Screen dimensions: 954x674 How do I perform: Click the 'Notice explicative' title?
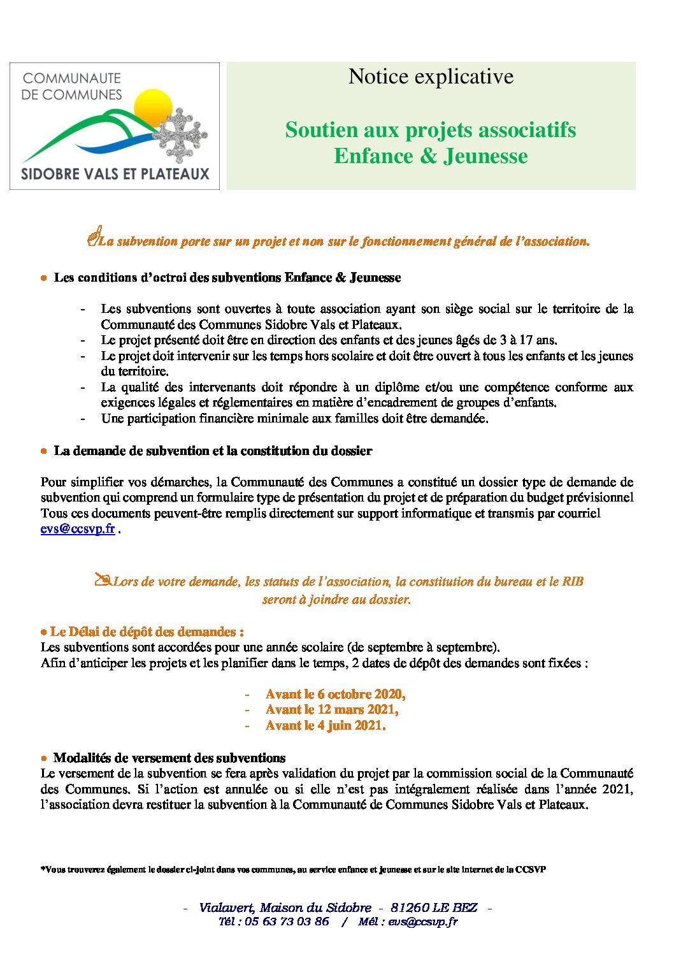[x=431, y=76]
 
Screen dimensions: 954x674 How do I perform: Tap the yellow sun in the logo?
[x=154, y=106]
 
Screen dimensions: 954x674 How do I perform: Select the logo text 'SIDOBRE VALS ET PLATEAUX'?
[x=115, y=173]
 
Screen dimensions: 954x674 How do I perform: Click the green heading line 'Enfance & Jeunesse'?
[x=431, y=156]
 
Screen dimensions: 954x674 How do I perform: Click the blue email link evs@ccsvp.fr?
[x=78, y=529]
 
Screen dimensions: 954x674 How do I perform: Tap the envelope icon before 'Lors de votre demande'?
[x=102, y=579]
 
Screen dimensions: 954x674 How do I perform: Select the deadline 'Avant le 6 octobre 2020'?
[x=335, y=694]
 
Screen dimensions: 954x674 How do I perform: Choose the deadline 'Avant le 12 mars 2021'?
[x=331, y=709]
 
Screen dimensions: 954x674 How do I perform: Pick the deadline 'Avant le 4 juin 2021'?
[x=325, y=725]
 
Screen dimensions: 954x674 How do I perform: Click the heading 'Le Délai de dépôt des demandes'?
[x=147, y=632]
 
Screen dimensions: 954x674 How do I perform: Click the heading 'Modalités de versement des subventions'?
[x=169, y=758]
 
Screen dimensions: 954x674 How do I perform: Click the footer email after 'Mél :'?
[x=423, y=921]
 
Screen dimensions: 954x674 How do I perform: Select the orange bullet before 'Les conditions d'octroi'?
[x=43, y=278]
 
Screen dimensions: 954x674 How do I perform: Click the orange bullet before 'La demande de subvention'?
[x=43, y=451]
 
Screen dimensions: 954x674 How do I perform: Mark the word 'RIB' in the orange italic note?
[x=573, y=581]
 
